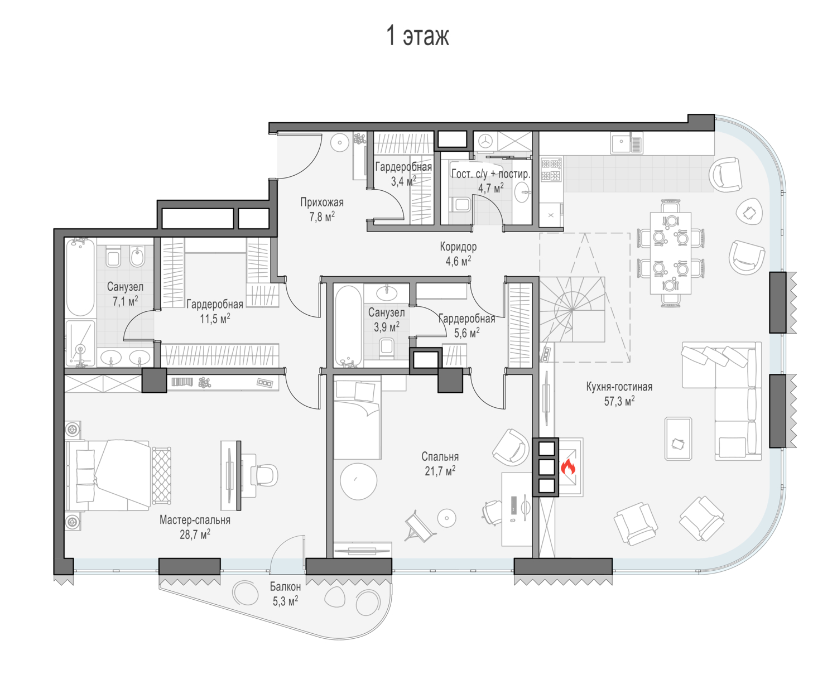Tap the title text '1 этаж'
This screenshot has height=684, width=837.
tap(417, 36)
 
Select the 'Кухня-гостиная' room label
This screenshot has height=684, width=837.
tap(619, 387)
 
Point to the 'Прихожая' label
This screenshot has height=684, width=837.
tap(322, 203)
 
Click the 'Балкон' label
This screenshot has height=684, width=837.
tap(285, 586)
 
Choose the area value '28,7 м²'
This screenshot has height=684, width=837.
tap(195, 534)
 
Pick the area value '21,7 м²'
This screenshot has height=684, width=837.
tap(440, 471)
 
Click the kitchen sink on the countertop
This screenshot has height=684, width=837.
tap(626, 143)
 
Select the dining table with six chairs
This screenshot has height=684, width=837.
tap(670, 253)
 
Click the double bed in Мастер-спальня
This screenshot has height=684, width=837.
tap(108, 475)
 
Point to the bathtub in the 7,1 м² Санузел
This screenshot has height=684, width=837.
tap(80, 277)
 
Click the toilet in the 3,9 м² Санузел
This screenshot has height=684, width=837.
tap(386, 348)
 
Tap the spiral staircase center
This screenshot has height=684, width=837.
tap(573, 310)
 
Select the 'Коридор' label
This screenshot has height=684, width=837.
tap(458, 247)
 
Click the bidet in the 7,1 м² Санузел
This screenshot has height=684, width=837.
tap(138, 256)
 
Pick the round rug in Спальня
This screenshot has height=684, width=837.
tap(358, 481)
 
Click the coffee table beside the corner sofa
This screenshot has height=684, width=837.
tap(679, 439)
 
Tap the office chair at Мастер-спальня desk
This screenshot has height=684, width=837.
tap(264, 475)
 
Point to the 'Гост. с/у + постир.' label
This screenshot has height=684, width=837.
tap(491, 174)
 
